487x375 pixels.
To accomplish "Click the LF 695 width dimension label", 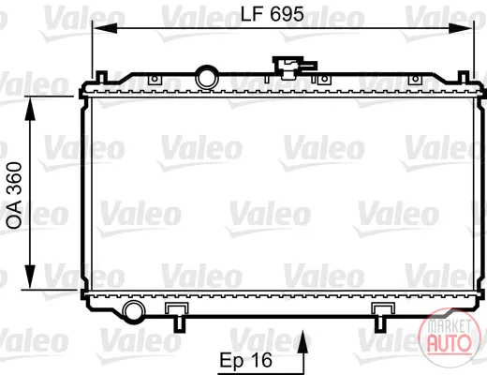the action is (x=273, y=14).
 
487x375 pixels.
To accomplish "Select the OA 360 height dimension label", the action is (x=15, y=195).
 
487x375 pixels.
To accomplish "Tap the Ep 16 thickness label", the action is (x=246, y=360).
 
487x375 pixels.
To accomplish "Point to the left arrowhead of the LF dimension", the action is (x=105, y=28).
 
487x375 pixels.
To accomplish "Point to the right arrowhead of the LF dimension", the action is (x=461, y=28).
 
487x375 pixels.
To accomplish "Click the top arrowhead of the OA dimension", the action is (x=30, y=108).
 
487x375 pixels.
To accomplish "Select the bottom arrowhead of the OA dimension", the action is (x=30, y=277).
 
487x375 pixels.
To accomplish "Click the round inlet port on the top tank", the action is (x=206, y=77).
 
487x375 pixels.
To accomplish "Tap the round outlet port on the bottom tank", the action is (x=135, y=311).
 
